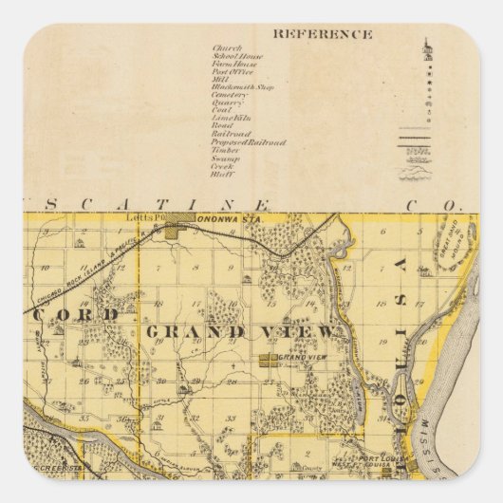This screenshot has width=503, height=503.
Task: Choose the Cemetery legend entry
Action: (232, 95)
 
